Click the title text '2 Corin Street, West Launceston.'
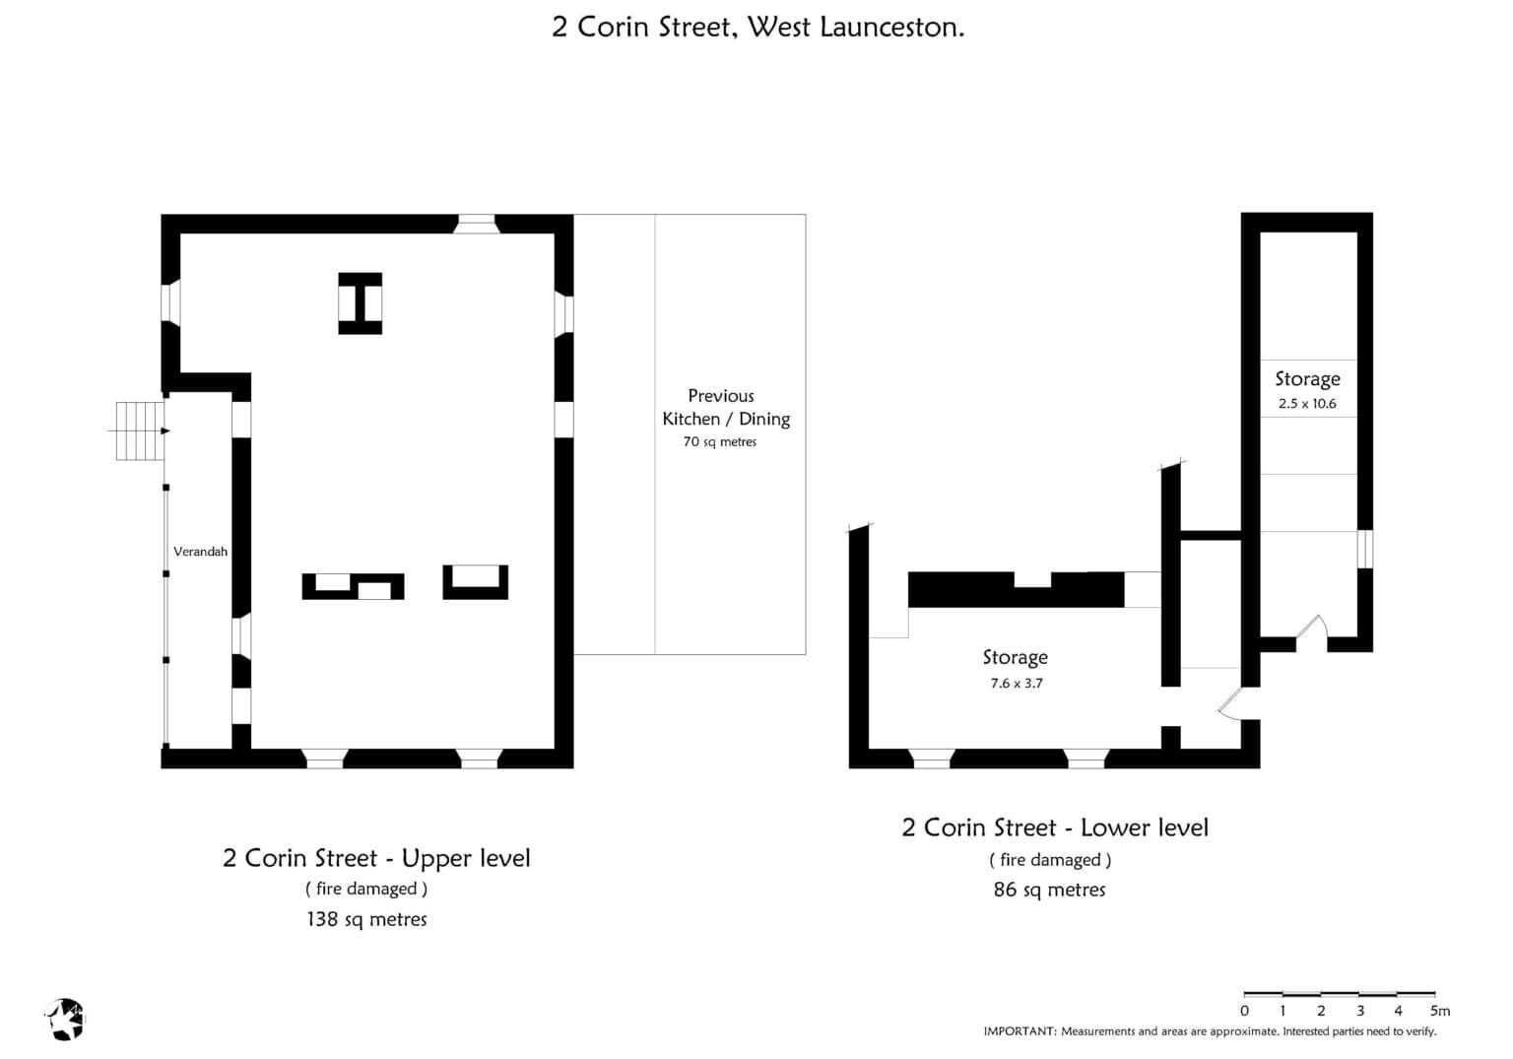coord(757,27)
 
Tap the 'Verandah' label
coord(200,551)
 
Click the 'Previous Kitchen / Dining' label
coord(725,407)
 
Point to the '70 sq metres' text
coord(720,441)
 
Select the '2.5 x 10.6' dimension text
coord(1307,403)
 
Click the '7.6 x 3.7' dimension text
coord(1017,683)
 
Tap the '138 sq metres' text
coord(366,919)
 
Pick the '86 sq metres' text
coord(1050,890)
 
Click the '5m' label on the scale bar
coord(1440,1011)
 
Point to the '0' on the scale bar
coord(1245,1011)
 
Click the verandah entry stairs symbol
coord(140,430)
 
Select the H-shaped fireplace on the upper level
coord(360,303)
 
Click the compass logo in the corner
coord(65,1020)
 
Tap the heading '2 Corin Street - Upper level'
coord(376,858)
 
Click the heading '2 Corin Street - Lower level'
coord(1055,827)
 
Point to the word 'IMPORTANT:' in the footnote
coord(1020,1031)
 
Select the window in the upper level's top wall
coord(476,224)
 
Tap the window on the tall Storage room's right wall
coord(1364,549)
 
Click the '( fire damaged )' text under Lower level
coord(1050,860)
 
